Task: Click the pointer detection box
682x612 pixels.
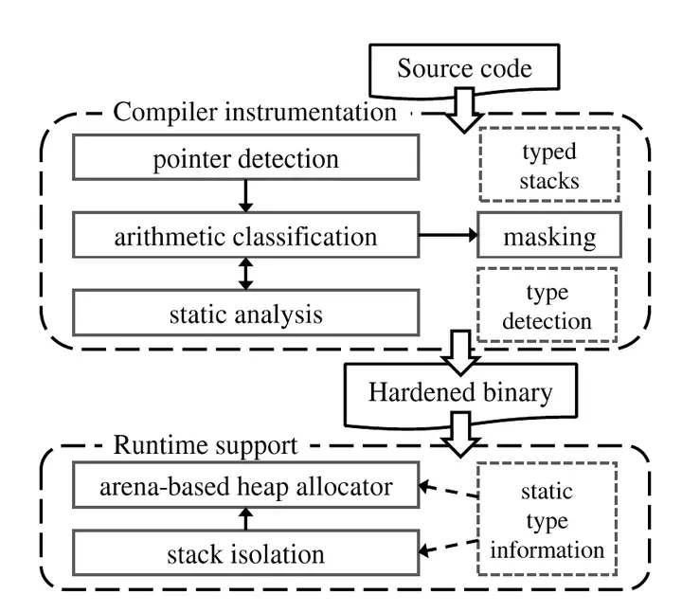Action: [x=245, y=158]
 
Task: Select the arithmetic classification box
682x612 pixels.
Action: [x=245, y=236]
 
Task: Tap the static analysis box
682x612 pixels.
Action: [x=245, y=314]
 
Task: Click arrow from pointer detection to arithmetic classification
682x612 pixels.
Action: [x=245, y=197]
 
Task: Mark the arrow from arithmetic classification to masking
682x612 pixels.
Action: [x=447, y=237]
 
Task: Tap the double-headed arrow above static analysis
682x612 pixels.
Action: [x=245, y=275]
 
